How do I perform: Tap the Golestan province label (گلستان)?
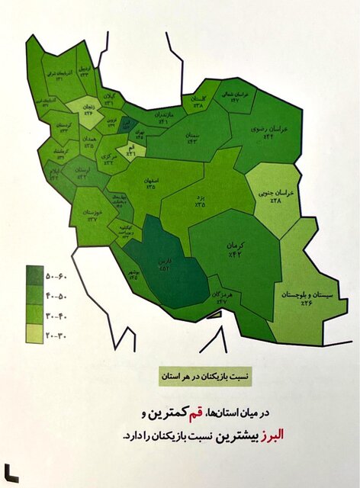click(198, 103)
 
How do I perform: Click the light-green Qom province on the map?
click(131, 151)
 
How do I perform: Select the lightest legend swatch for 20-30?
click(34, 332)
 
